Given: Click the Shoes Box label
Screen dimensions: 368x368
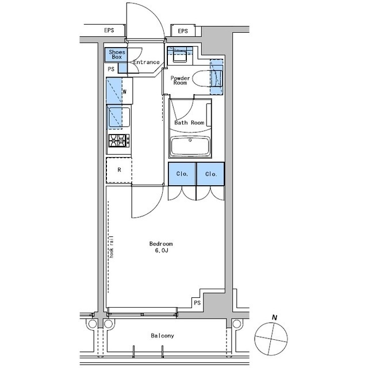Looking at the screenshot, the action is click(117, 55).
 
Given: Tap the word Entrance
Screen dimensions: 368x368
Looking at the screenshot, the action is click(147, 62).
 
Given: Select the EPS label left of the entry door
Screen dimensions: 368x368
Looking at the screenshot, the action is click(109, 30).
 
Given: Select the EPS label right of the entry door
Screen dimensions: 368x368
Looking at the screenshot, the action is click(183, 31).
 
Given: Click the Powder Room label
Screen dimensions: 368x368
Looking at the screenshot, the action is click(180, 80).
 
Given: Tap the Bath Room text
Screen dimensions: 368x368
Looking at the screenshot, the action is click(189, 122).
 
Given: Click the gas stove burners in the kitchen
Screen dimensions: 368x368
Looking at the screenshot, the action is click(118, 140).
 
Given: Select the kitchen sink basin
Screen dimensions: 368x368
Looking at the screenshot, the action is click(119, 117).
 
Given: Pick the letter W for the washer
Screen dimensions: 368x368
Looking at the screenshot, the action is click(125, 92).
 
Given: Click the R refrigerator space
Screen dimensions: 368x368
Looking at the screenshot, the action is click(119, 170).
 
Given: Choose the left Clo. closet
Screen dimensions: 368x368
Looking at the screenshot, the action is click(182, 174).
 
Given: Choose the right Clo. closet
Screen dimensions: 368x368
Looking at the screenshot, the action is click(210, 174).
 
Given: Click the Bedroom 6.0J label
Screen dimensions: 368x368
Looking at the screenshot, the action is click(161, 247).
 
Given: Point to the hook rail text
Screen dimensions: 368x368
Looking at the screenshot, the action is click(112, 247).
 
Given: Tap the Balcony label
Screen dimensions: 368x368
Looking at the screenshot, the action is click(162, 336).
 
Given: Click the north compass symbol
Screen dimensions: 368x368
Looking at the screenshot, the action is click(271, 338).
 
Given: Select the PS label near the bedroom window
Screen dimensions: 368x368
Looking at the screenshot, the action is click(197, 303).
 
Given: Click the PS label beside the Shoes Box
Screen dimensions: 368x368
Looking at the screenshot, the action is click(111, 69).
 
